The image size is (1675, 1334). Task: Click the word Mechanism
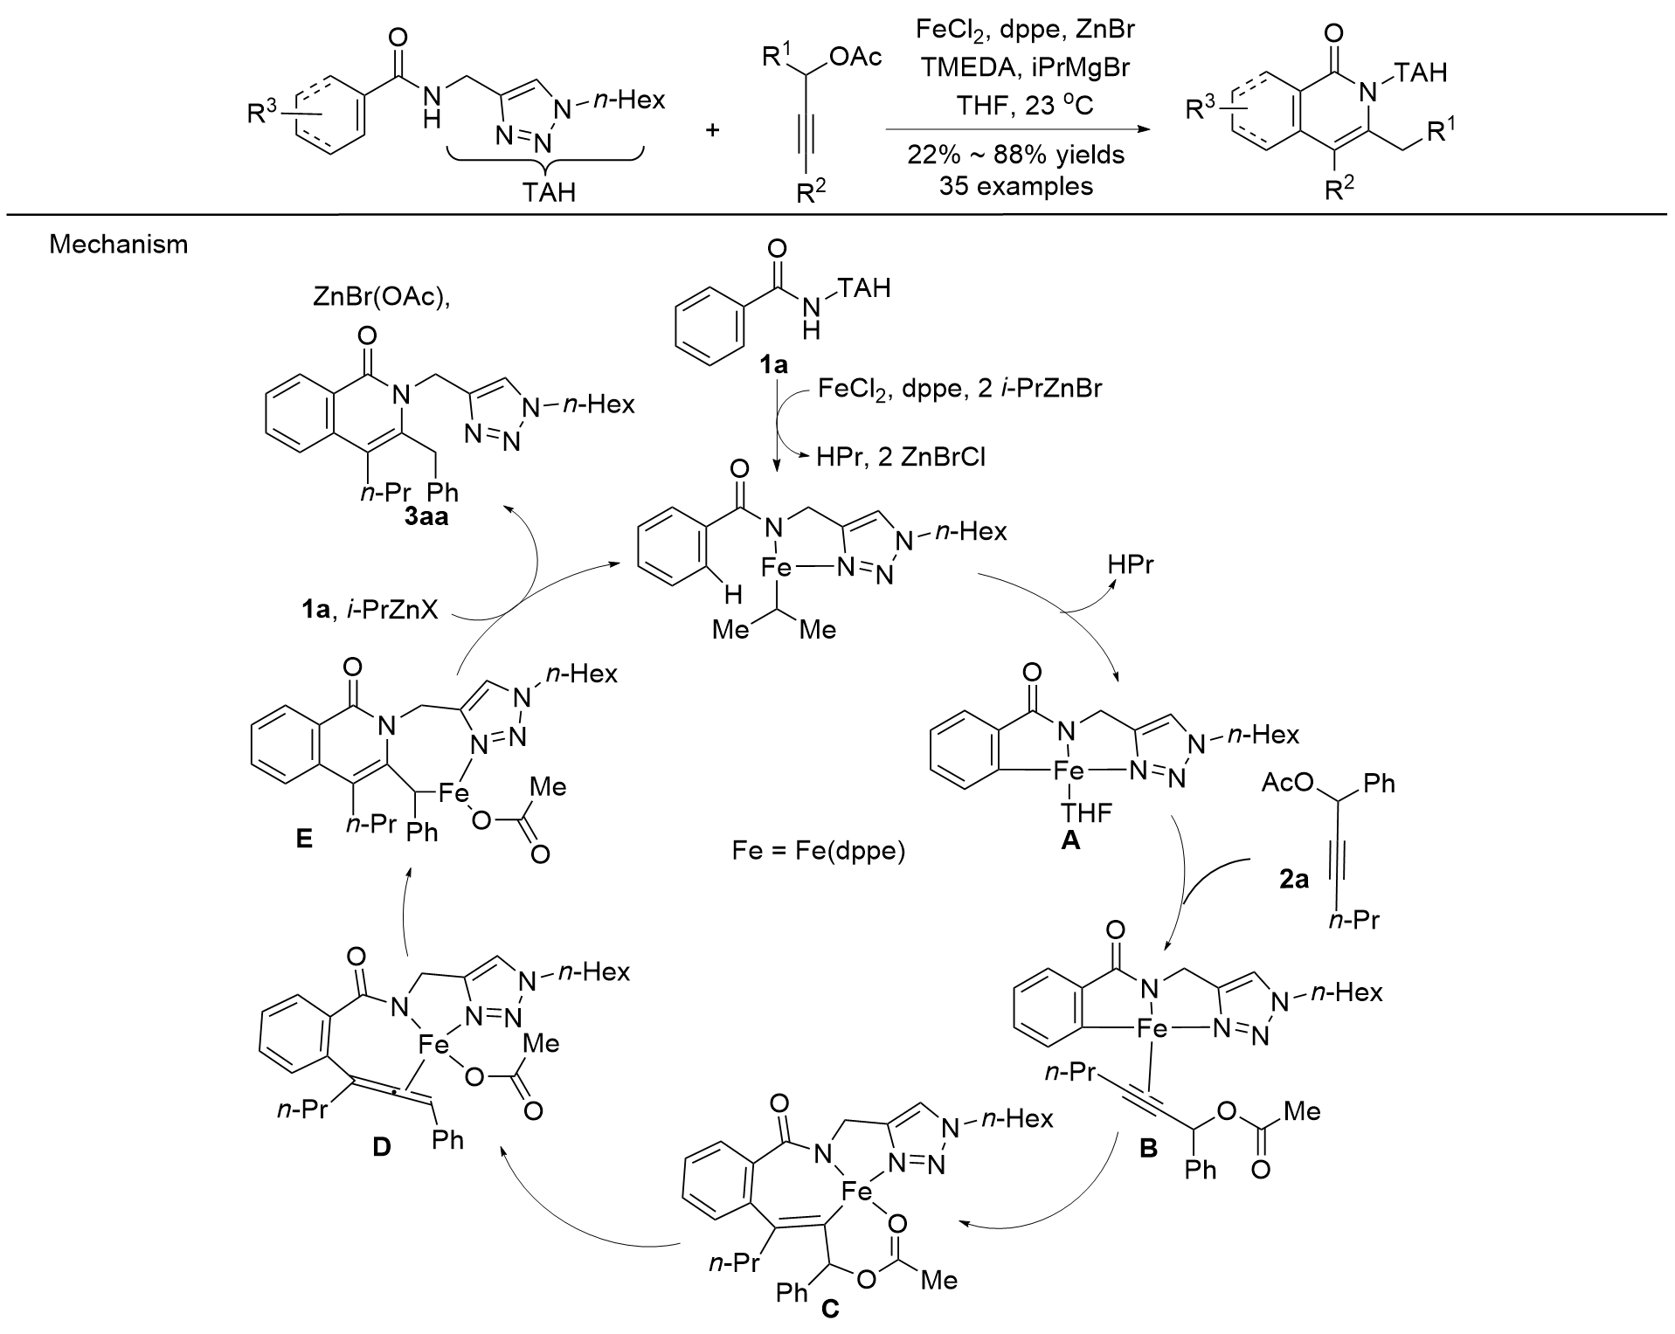(118, 244)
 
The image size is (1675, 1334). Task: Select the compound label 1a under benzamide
(772, 366)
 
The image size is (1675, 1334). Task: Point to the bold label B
(1148, 1148)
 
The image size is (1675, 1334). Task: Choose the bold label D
(381, 1147)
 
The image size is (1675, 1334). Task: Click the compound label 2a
(1291, 881)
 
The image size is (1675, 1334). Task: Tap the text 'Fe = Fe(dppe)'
(818, 849)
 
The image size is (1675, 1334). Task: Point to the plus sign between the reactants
(713, 129)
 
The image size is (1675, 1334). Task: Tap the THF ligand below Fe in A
(1086, 812)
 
